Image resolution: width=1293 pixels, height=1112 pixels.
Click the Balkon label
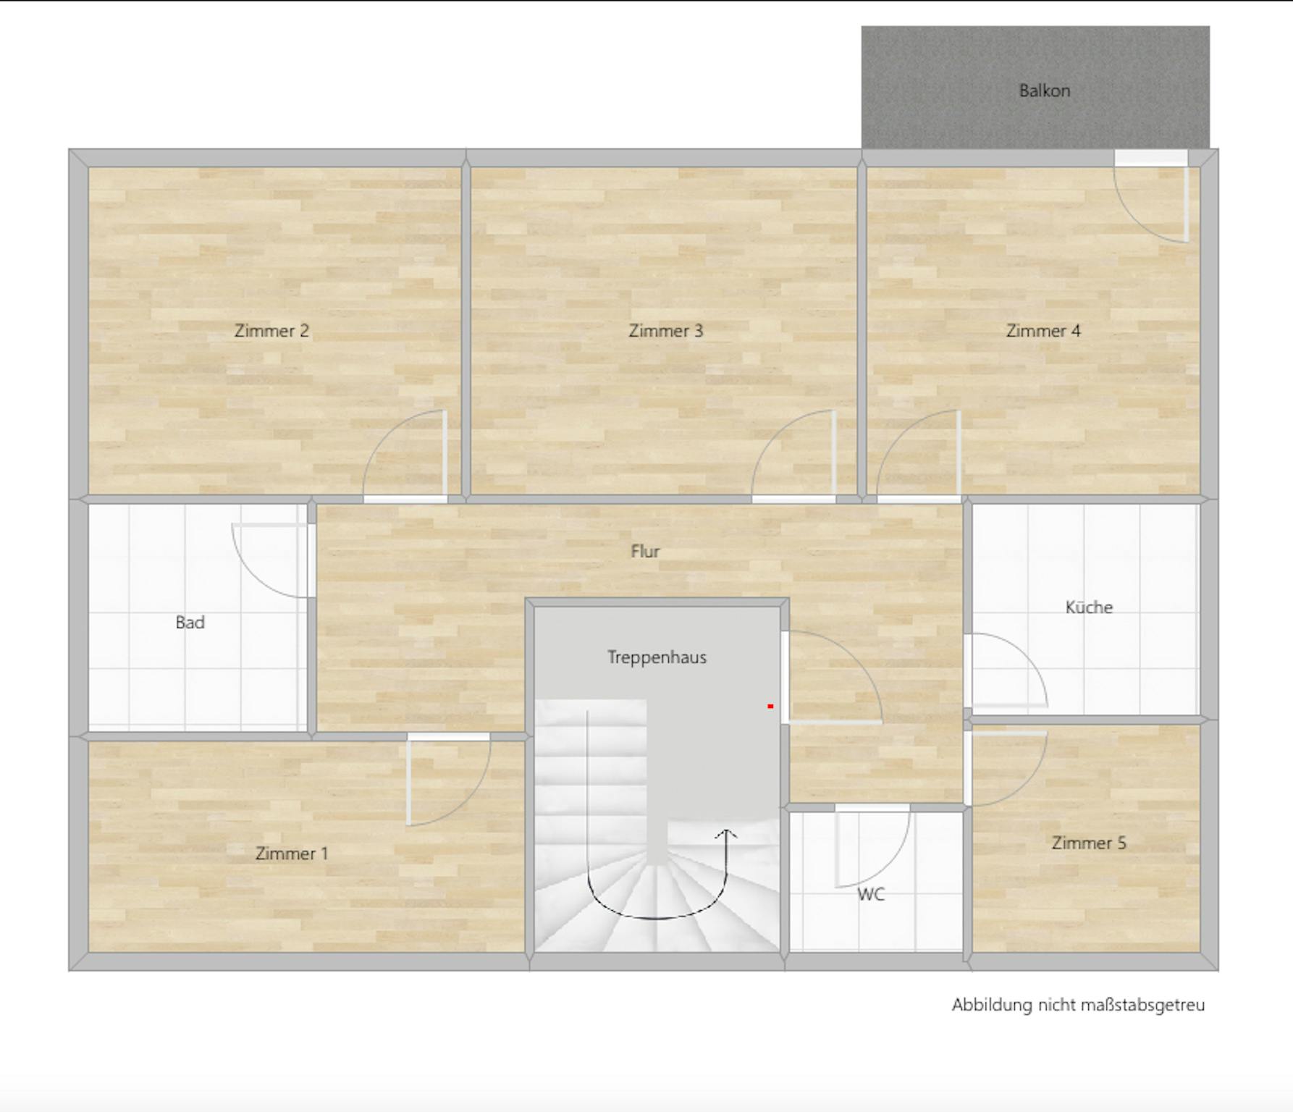pos(1044,90)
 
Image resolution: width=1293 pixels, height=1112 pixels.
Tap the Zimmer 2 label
pos(271,331)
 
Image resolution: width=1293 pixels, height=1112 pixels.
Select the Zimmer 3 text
pos(665,331)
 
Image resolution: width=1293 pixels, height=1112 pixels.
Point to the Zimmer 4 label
pos(1043,331)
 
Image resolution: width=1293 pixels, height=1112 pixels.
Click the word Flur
pos(645,552)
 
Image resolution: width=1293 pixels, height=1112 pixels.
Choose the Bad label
pos(190,623)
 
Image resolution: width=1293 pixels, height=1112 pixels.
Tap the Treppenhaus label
pos(657,657)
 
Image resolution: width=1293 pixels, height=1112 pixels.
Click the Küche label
pos(1089,607)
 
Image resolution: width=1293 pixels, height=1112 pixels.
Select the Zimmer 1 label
pos(291,854)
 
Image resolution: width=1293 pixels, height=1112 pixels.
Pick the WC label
pos(871,895)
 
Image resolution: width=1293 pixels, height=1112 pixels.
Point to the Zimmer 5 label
pos(1089,843)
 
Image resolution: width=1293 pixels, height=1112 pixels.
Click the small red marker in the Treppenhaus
pos(771,706)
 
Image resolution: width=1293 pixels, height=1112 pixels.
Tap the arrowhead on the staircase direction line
pos(726,835)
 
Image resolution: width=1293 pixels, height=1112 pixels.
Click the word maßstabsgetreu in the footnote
pos(1143,1006)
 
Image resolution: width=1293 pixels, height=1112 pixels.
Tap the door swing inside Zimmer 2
pos(384,438)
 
